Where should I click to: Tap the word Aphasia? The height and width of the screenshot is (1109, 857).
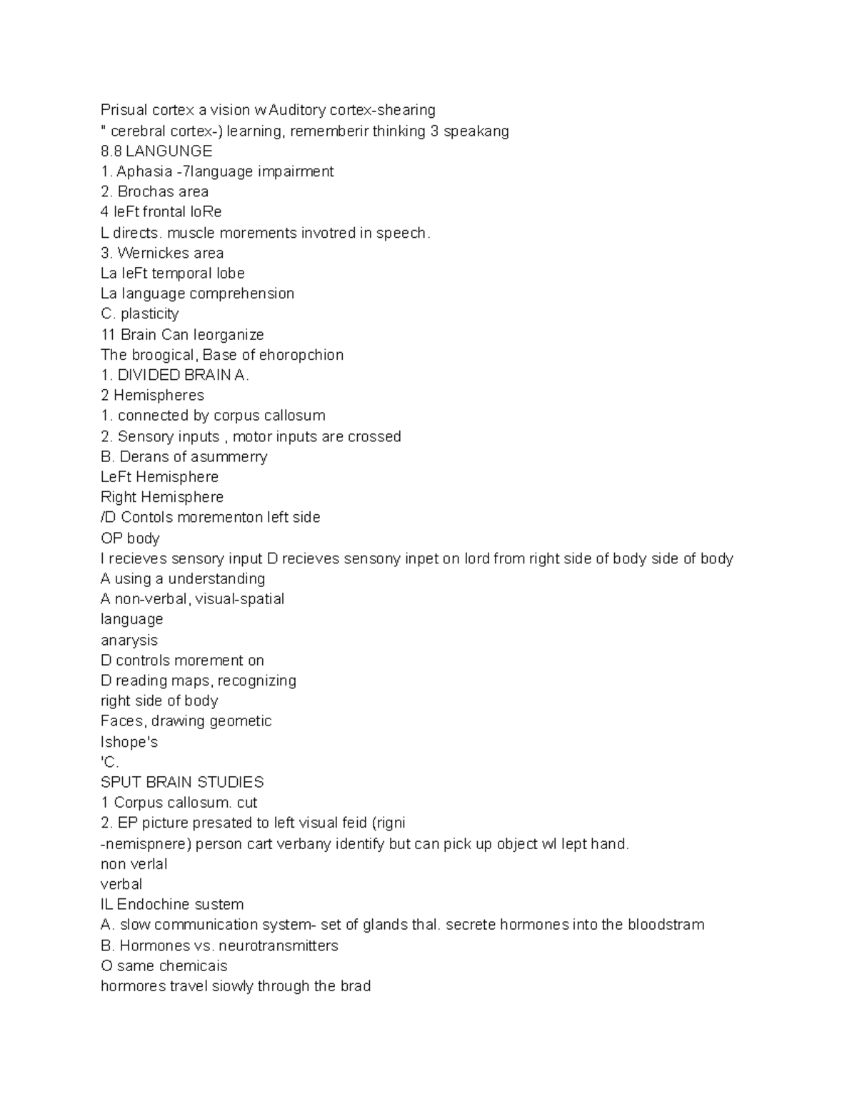[x=144, y=171]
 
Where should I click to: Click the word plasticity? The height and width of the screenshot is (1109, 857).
[x=150, y=314]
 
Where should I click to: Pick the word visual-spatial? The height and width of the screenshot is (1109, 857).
[x=240, y=599]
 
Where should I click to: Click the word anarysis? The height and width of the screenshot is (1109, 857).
[x=129, y=641]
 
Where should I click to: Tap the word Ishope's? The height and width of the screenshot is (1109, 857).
[x=129, y=742]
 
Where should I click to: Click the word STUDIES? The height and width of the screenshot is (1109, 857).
[x=229, y=782]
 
